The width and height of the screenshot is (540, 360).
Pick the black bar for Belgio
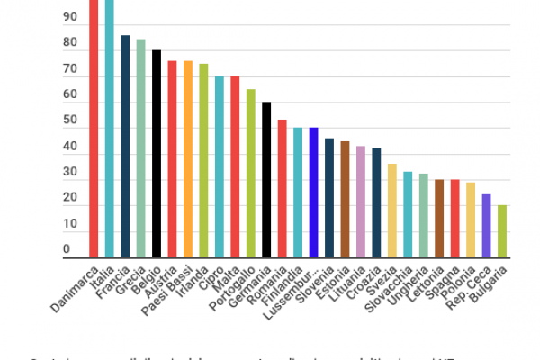157,153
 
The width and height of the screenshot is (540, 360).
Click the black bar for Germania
266,179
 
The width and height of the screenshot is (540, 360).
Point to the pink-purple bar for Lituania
360,202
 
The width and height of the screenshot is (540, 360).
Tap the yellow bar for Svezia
391,211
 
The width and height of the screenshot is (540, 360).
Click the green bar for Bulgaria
501,231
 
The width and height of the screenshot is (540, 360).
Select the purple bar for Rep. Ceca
486,225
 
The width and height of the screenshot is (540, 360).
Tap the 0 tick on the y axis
66,248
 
